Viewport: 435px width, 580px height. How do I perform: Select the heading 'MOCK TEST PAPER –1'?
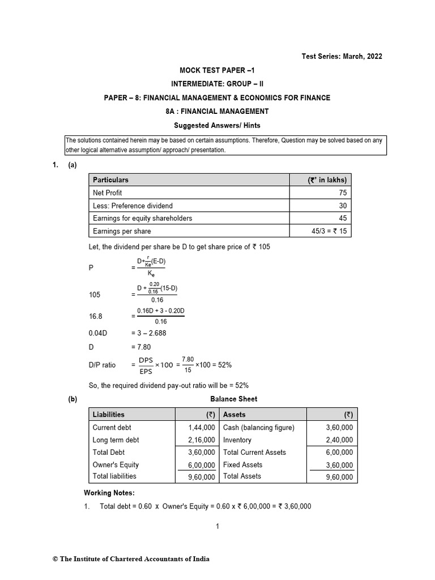pyautogui.click(x=217, y=70)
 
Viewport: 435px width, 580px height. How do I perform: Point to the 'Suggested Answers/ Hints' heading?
pyautogui.click(x=217, y=125)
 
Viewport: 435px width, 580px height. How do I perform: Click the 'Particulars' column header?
pyautogui.click(x=110, y=180)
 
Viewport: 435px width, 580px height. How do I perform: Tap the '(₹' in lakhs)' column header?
pyautogui.click(x=327, y=180)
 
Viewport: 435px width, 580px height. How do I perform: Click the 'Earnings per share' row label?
pyautogui.click(x=122, y=231)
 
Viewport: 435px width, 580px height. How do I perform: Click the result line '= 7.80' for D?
pyautogui.click(x=141, y=347)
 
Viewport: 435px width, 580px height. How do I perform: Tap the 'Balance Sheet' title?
pyautogui.click(x=233, y=399)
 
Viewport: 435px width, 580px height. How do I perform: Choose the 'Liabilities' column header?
pyautogui.click(x=109, y=415)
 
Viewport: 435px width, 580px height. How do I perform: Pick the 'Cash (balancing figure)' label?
pyautogui.click(x=259, y=428)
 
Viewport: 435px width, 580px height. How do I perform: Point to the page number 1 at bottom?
pyautogui.click(x=217, y=526)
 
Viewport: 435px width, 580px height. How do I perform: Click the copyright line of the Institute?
pyautogui.click(x=131, y=559)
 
